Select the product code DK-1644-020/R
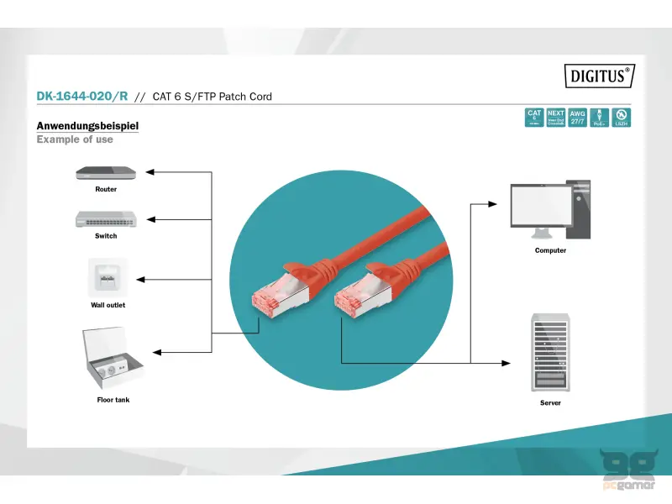tap(82, 97)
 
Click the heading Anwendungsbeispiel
tap(87, 126)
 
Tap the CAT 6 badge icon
tap(534, 118)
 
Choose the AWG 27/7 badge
tap(578, 118)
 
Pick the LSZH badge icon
tap(622, 118)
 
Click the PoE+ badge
tap(600, 118)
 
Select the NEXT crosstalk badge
tap(556, 118)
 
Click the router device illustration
tap(107, 172)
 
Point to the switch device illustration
tap(107, 219)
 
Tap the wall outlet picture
tap(108, 276)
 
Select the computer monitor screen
tap(538, 205)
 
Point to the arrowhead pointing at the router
tap(150, 172)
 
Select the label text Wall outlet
tap(108, 305)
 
